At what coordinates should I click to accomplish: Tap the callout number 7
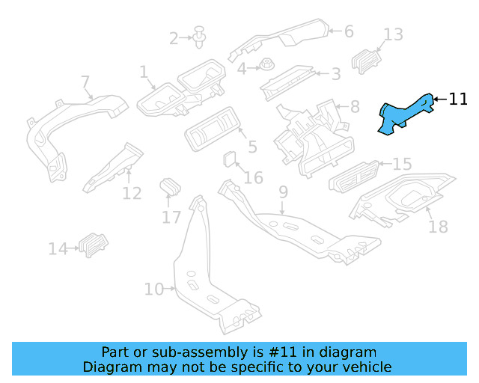click(85, 82)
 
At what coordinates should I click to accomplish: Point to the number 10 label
click(153, 289)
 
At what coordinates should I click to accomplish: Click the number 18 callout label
click(438, 226)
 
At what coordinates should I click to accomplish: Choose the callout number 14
click(58, 248)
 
